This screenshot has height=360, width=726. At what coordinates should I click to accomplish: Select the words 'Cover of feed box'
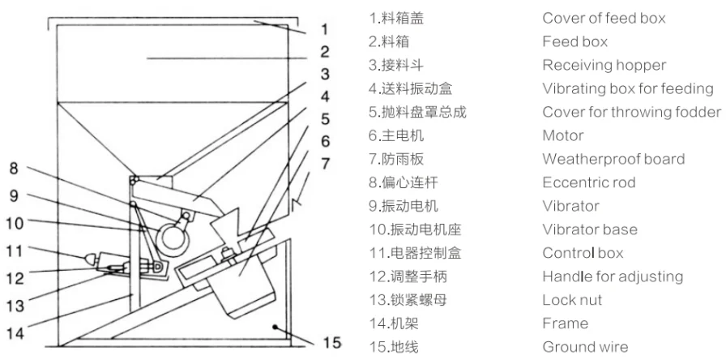604,18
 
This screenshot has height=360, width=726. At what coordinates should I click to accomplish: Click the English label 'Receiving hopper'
604,65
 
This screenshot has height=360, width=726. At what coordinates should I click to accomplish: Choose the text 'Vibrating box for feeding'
628,88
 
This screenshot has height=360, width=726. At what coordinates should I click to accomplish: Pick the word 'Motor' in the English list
562,135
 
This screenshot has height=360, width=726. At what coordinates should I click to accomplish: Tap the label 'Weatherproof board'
613,159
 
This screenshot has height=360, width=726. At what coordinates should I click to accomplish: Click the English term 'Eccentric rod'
589,182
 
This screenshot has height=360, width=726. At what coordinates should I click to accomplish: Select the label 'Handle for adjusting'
613,276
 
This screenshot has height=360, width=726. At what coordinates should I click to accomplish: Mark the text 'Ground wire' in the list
585,347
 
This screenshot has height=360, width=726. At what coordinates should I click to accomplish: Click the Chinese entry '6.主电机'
390,135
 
